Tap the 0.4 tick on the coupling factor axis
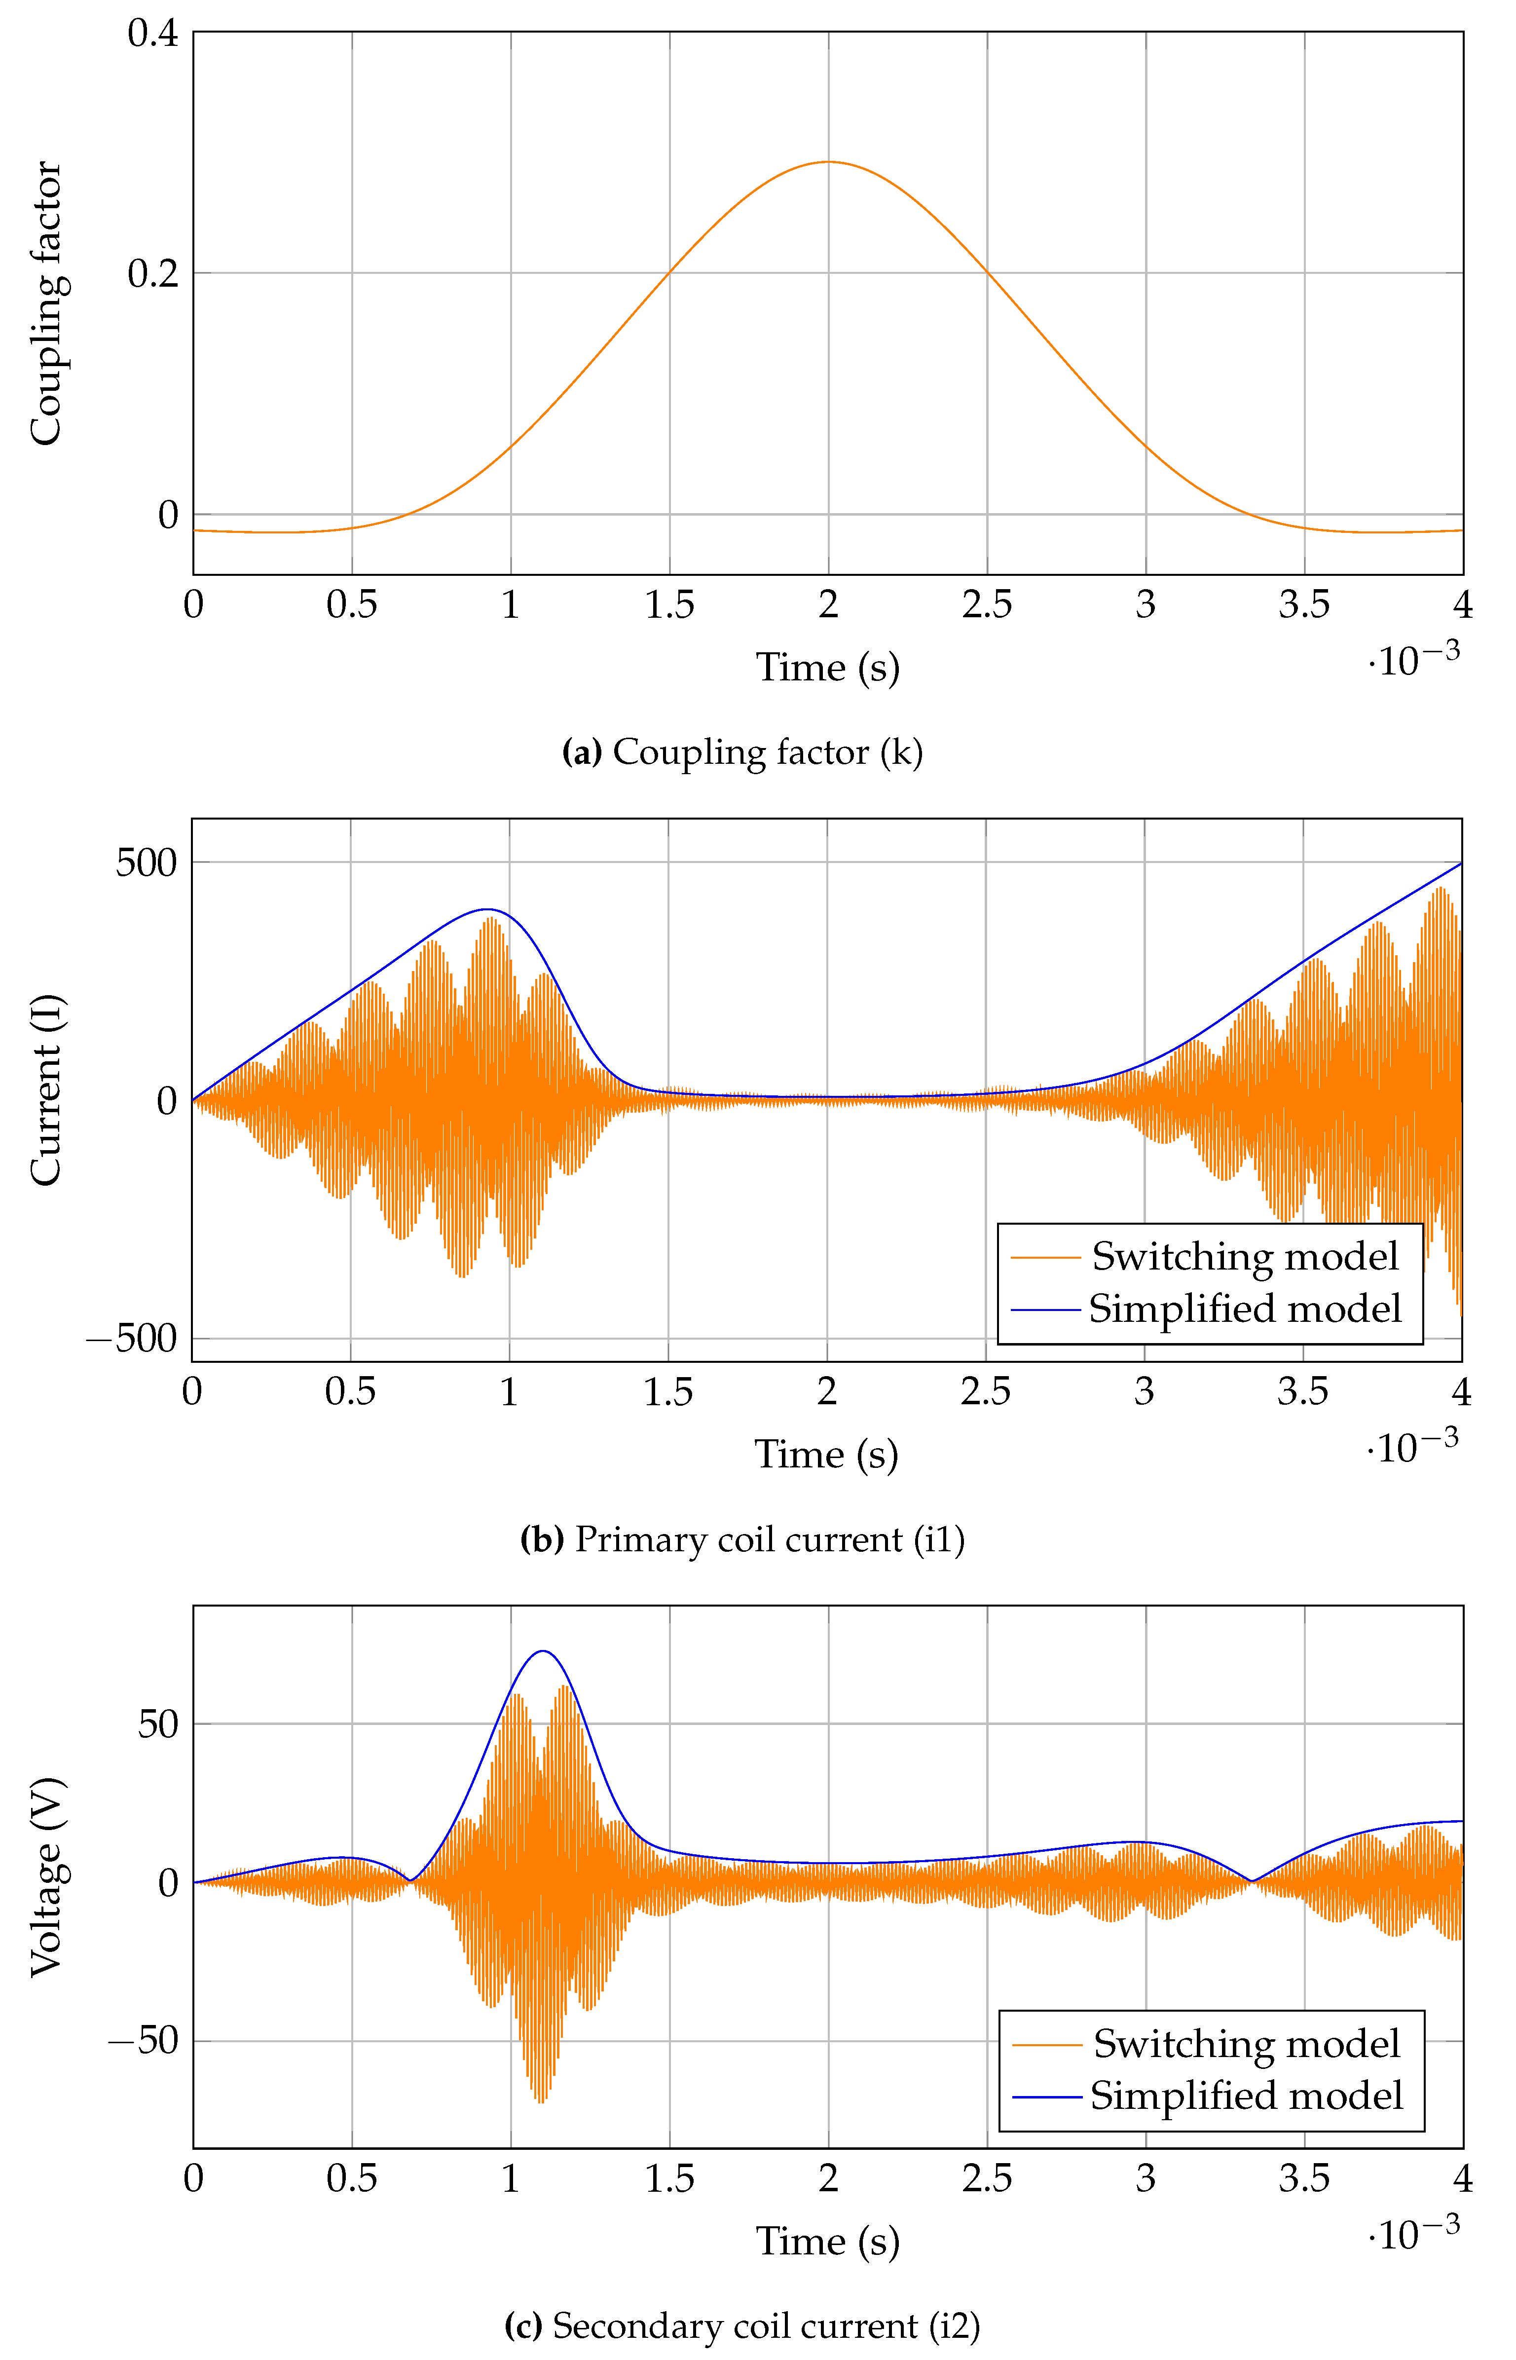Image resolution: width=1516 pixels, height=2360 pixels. pyautogui.click(x=152, y=34)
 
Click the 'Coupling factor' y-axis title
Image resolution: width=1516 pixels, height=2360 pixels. pyautogui.click(x=45, y=303)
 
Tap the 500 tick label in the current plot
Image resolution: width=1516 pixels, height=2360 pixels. pyautogui.click(x=146, y=862)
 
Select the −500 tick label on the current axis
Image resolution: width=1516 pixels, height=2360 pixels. pyautogui.click(x=132, y=1339)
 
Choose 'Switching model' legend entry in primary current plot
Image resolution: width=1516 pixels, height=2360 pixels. pyautogui.click(x=1244, y=1256)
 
